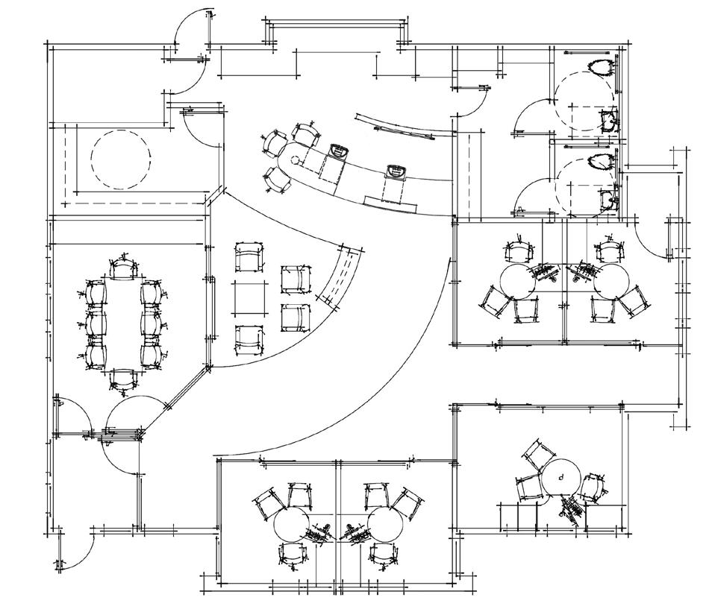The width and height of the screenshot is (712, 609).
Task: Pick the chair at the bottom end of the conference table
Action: pos(123,379)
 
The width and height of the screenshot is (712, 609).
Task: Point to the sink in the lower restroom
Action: pos(610,199)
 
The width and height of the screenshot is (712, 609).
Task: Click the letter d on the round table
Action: pos(560,473)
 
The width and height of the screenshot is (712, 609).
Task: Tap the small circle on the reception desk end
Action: pos(296,160)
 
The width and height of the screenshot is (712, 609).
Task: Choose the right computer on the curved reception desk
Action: pos(394,172)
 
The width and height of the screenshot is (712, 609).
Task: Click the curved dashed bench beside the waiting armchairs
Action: pos(340,276)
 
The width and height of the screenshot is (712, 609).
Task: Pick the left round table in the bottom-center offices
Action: pos(293,526)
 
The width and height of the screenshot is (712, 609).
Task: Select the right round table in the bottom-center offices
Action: pos(385,526)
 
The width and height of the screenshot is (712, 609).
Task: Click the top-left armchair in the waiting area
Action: pos(249,257)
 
